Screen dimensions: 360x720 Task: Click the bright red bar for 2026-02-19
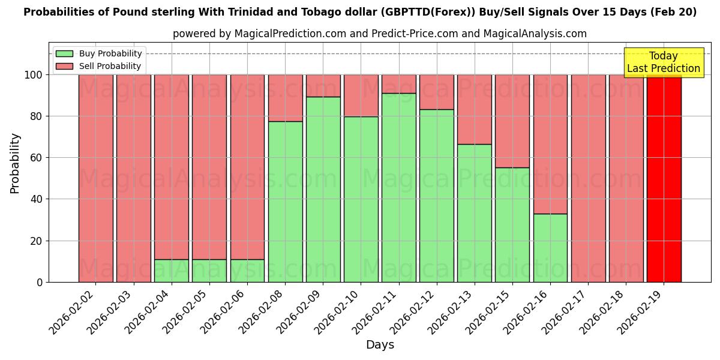click(x=664, y=178)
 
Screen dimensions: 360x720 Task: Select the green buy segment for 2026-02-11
click(x=398, y=187)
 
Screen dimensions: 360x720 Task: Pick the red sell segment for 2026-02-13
click(x=475, y=109)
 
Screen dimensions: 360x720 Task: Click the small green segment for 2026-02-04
click(x=171, y=271)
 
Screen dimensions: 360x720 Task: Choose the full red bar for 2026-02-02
click(x=95, y=178)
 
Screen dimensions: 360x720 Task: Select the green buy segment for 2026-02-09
click(x=323, y=189)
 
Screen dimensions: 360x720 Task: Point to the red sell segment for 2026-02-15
click(x=512, y=121)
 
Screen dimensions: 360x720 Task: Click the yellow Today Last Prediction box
click(x=663, y=62)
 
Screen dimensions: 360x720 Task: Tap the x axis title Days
click(x=380, y=345)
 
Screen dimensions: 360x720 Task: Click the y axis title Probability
click(x=15, y=163)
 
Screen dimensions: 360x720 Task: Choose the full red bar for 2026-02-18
click(x=626, y=178)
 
